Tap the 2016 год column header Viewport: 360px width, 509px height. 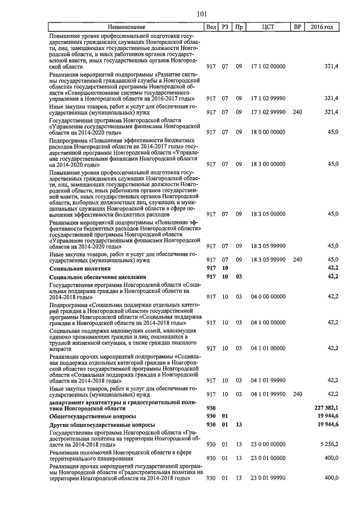tap(326, 27)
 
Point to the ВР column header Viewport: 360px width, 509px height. tap(298, 27)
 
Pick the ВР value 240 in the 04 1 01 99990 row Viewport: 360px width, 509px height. tap(298, 394)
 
